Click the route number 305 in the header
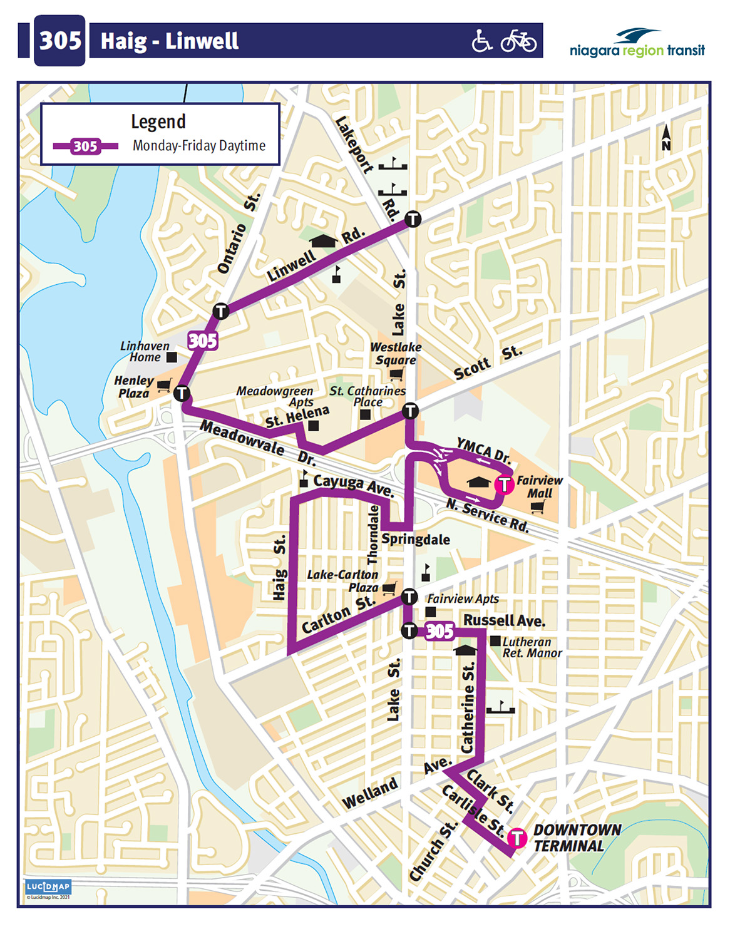60,41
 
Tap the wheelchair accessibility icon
481,41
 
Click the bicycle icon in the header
518,41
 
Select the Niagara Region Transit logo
637,43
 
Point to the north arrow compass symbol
666,138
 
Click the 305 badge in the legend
86,146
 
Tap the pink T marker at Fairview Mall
504,484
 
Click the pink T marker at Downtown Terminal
517,837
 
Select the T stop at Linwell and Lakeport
413,219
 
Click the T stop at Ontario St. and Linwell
220,310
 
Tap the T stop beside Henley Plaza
182,393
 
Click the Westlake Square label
396,354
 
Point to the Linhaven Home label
145,351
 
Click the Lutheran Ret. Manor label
532,647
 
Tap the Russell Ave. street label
504,620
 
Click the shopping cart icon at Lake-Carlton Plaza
389,588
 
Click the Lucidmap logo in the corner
48,886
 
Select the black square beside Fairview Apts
431,612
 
